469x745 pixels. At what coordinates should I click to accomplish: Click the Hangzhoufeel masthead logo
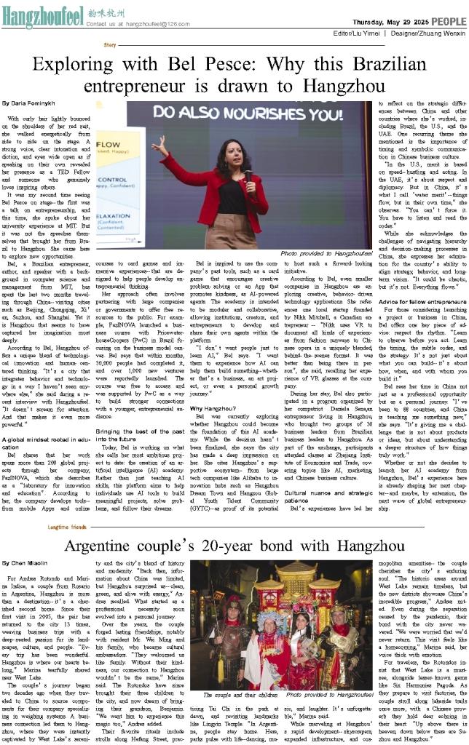click(x=42, y=12)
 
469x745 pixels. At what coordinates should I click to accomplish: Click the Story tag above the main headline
click(x=109, y=45)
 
